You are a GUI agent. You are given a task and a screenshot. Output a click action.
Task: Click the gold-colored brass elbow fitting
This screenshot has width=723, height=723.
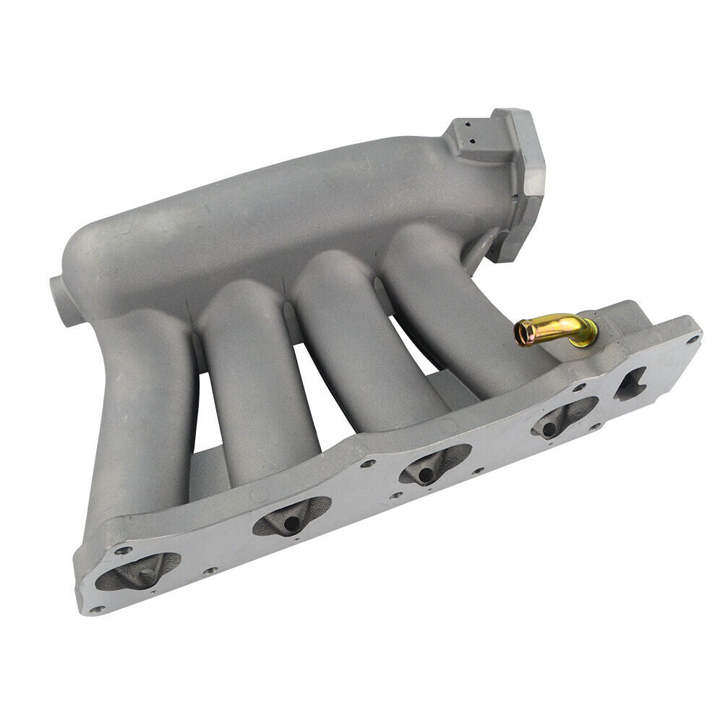point(557,330)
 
